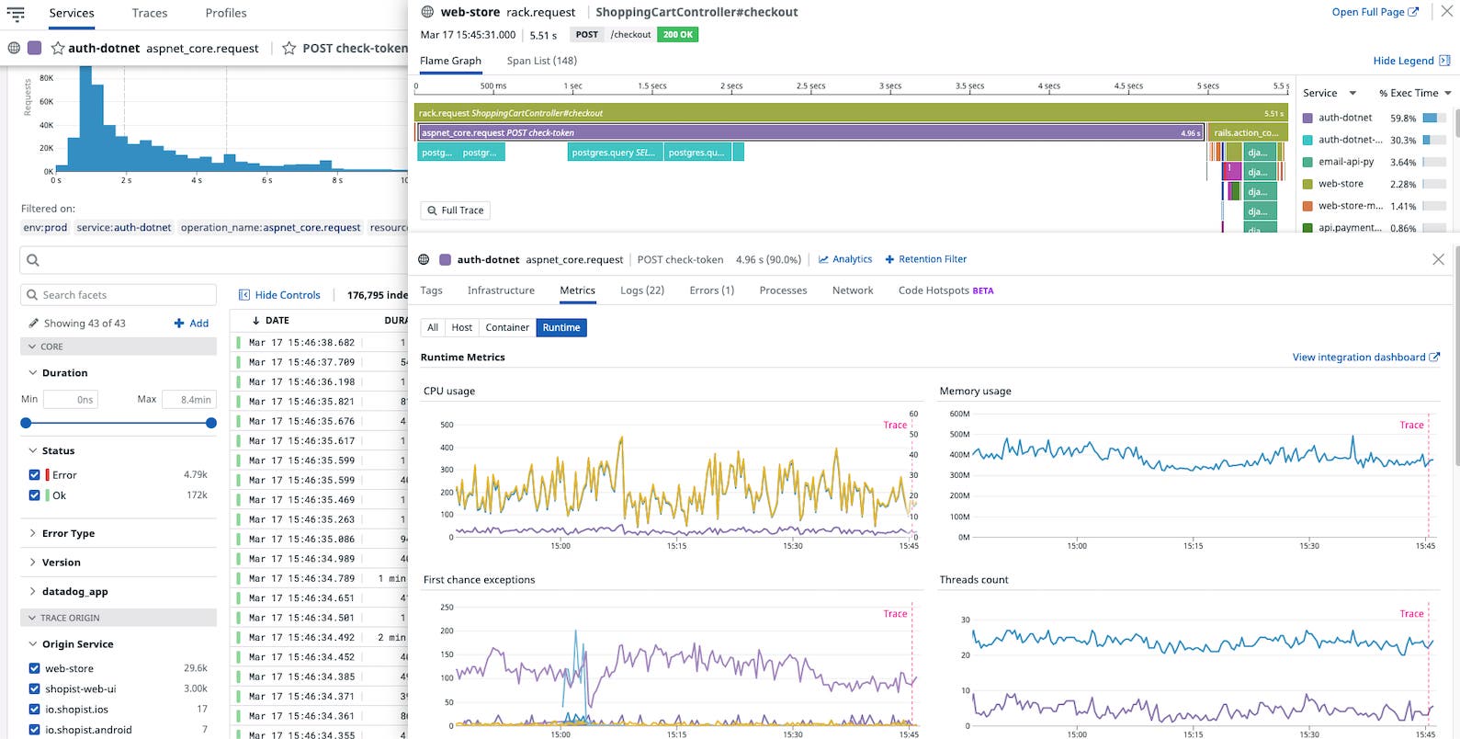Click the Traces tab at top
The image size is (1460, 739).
pos(149,13)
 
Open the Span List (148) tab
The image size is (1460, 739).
pos(541,61)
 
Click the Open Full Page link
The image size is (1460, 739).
pos(1375,12)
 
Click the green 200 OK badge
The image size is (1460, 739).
pos(678,35)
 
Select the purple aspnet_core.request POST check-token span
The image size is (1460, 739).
pos(809,132)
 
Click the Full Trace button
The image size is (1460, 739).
pos(455,210)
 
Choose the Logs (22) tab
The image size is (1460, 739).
pos(641,290)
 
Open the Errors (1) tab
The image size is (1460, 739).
pos(711,290)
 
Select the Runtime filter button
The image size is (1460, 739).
pos(560,327)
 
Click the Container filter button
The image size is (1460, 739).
pos(507,327)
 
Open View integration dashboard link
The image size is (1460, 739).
pos(1364,358)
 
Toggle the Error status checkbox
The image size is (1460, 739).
pos(35,475)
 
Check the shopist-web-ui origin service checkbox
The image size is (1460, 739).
pos(35,688)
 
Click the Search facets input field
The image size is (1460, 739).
pos(119,295)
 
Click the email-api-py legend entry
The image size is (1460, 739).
pos(1345,162)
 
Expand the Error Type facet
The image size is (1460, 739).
pos(68,533)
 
